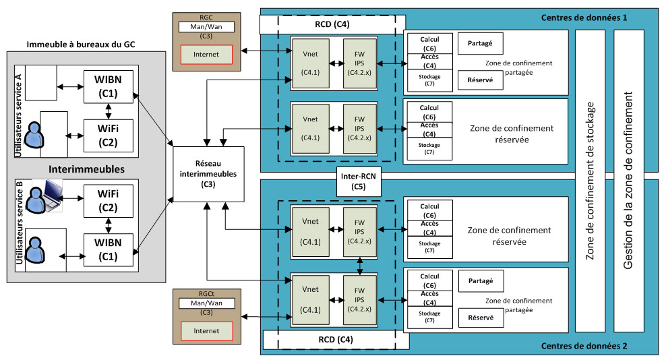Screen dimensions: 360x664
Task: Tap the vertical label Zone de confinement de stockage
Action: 591,181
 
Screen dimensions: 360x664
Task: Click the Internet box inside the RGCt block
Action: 206,331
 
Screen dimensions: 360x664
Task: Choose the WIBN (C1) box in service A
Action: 108,86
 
